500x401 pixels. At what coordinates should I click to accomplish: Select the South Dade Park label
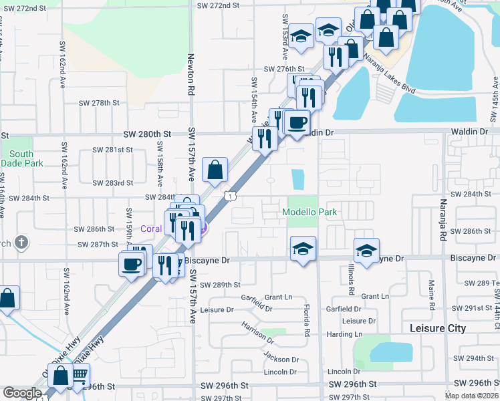(21, 158)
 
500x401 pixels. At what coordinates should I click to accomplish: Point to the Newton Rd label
(191, 74)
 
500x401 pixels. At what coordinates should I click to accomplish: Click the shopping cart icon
(81, 376)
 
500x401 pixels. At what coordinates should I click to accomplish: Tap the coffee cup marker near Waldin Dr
(297, 122)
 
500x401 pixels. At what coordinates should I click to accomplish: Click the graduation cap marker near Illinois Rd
(366, 250)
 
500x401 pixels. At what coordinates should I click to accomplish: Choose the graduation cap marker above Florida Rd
(302, 248)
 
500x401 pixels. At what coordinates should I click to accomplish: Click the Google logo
(22, 393)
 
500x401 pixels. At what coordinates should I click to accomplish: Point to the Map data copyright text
(471, 396)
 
